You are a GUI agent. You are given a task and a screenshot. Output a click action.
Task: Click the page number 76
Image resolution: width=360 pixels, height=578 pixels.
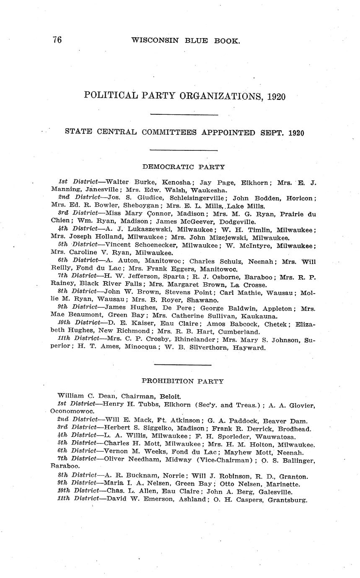[x=57, y=40]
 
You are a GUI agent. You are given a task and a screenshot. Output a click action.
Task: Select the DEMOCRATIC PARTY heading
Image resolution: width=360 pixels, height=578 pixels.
[x=184, y=167]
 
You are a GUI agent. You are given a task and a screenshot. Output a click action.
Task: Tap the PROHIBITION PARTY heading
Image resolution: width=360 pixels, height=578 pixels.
[x=183, y=381]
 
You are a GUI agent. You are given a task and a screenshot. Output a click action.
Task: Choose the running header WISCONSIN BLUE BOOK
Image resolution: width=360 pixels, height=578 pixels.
[x=185, y=41]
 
